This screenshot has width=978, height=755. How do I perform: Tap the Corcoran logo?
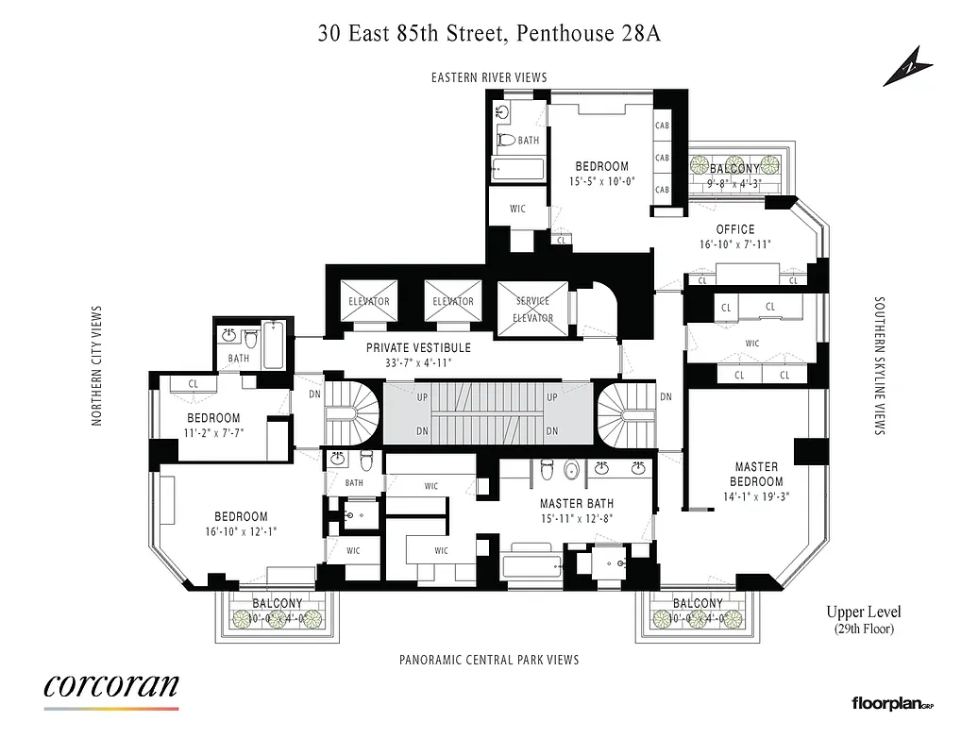pos(110,686)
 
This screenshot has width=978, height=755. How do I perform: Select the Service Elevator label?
pos(532,310)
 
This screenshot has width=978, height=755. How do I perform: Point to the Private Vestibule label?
pos(418,348)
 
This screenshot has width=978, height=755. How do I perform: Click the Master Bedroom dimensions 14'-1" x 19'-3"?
pos(756,496)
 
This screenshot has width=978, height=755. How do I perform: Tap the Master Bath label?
pos(577,504)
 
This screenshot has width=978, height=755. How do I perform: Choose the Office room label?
pos(734,229)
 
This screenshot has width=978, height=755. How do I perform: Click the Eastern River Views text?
pos(489,77)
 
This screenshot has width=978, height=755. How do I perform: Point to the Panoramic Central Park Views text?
pos(489,660)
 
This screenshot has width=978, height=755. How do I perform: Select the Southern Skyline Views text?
pos(879,366)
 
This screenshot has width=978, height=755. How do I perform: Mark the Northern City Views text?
pos(96,365)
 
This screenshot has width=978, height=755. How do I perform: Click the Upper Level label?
pos(863,612)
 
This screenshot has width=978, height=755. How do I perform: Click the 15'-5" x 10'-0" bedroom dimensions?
pos(601,181)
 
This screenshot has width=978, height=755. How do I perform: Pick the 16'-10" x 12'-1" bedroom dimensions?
pos(241,531)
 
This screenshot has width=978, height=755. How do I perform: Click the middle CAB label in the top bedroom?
pos(662,158)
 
